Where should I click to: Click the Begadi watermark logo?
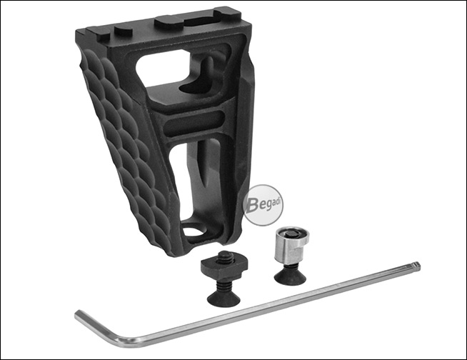(263, 205)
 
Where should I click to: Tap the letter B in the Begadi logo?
(252, 205)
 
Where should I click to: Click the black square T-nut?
(220, 266)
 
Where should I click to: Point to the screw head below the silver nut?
(290, 276)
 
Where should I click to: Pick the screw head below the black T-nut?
(224, 297)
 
